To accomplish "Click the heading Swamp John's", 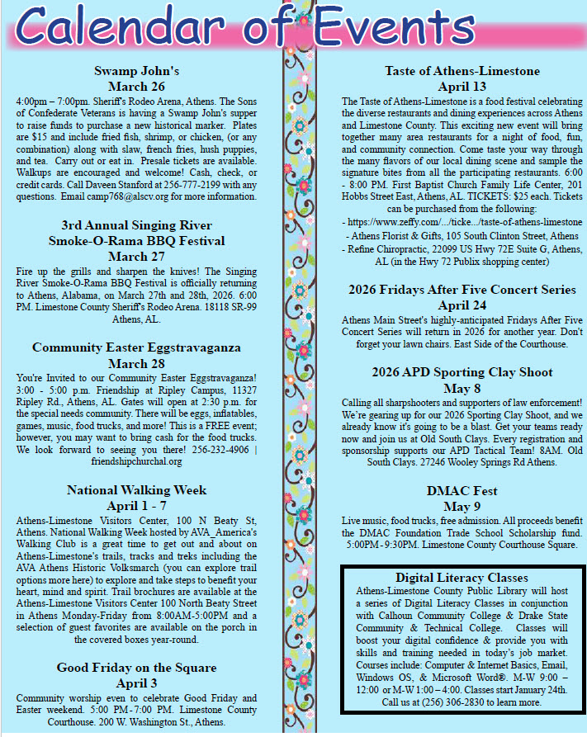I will (136, 71).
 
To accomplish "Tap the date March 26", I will (136, 86).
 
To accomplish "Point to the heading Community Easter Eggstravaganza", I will (136, 347).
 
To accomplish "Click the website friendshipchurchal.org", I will (136, 461).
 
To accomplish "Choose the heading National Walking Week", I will (136, 490).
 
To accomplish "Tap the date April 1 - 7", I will (136, 505).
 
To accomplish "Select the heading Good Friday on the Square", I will (136, 668).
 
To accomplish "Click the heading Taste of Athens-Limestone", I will (462, 71).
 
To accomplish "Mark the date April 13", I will (462, 86).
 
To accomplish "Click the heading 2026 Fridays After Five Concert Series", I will (462, 290).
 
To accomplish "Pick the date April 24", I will (462, 305).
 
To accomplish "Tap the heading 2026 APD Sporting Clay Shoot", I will (462, 371).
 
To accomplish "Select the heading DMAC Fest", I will (462, 491).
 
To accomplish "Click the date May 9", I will (462, 506).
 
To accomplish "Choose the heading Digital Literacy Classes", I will (462, 578).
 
